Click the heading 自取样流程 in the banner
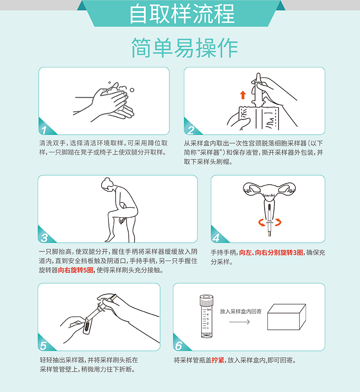[182, 14]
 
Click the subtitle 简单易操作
[184, 47]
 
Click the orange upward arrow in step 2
[243, 95]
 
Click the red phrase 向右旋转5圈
[76, 270]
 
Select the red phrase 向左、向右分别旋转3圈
[271, 252]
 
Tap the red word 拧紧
[218, 360]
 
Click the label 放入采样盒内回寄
[241, 311]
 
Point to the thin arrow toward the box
[239, 322]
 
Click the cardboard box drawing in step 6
[287, 317]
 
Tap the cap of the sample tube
[207, 300]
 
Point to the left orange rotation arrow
[261, 223]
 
